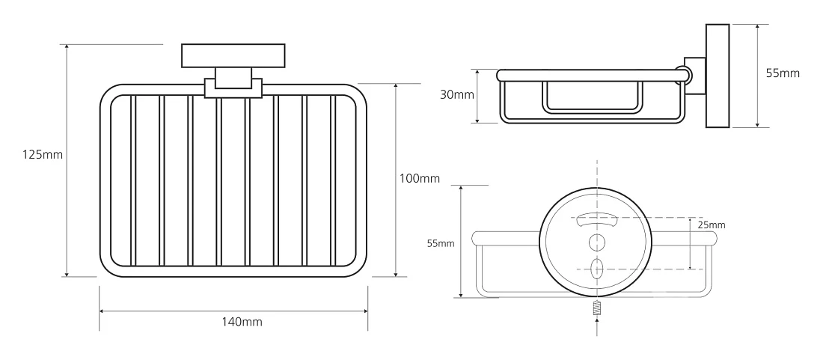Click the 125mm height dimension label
click(x=43, y=155)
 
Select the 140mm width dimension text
click(x=242, y=322)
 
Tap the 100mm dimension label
click(x=420, y=178)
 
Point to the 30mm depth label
click(x=457, y=95)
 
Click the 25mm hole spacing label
click(x=712, y=225)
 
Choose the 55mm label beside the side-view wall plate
click(x=783, y=73)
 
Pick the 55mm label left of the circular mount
click(x=441, y=243)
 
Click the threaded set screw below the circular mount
click(x=597, y=308)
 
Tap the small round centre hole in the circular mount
click(x=597, y=242)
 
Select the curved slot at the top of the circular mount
click(x=596, y=220)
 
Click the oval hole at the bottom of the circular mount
click(x=597, y=268)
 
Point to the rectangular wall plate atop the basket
click(x=233, y=55)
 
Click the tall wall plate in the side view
click(x=718, y=76)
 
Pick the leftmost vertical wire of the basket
click(x=132, y=180)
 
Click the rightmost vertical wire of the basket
click(x=332, y=180)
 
